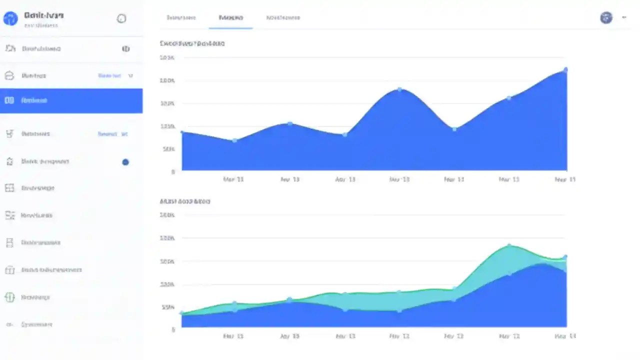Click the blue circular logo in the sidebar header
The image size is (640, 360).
pyautogui.click(x=10, y=19)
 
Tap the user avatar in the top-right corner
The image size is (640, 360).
pyautogui.click(x=606, y=18)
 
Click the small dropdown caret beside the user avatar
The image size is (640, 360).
pyautogui.click(x=624, y=17)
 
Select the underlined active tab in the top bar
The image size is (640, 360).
pyautogui.click(x=230, y=18)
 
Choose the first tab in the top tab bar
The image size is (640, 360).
pyautogui.click(x=181, y=18)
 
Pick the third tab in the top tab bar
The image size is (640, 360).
pyautogui.click(x=283, y=18)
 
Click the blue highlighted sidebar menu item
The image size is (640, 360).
pyautogui.click(x=71, y=100)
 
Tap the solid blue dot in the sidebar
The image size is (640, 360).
pyautogui.click(x=125, y=162)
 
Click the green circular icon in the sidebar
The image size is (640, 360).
pyautogui.click(x=9, y=297)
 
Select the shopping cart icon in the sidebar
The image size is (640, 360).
pyautogui.click(x=9, y=134)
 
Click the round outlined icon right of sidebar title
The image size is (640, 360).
pyautogui.click(x=121, y=19)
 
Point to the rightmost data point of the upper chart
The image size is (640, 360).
pyautogui.click(x=565, y=70)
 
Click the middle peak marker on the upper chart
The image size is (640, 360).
pyautogui.click(x=399, y=89)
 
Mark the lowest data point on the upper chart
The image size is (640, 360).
pyautogui.click(x=234, y=140)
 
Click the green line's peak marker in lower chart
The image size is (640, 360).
pyautogui.click(x=509, y=245)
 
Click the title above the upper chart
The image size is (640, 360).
pyautogui.click(x=192, y=43)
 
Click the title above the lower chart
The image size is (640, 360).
pyautogui.click(x=184, y=201)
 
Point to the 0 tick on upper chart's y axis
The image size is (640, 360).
pyautogui.click(x=173, y=171)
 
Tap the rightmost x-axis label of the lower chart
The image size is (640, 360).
pyautogui.click(x=565, y=336)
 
